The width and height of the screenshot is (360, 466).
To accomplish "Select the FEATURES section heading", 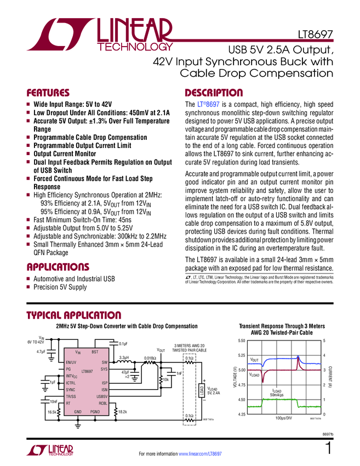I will pyautogui.click(x=48, y=93).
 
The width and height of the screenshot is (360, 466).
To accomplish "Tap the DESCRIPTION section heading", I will pyautogui.click(x=214, y=93).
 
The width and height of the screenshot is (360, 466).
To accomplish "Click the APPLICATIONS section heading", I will pyautogui.click(x=58, y=268).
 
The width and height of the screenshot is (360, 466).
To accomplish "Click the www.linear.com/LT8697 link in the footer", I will pyautogui.click(x=199, y=454).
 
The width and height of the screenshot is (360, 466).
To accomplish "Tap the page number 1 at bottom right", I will pyautogui.click(x=328, y=449).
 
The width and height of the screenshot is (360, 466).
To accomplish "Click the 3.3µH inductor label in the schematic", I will pyautogui.click(x=125, y=357).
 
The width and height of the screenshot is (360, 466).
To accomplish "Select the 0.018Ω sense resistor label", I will pyautogui.click(x=150, y=357).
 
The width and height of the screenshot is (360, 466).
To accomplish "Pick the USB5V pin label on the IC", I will pyautogui.click(x=101, y=396).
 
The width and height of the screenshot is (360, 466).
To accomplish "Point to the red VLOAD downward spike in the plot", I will pyautogui.click(x=265, y=378).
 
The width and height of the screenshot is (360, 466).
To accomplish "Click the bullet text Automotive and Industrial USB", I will pyautogui.click(x=74, y=279).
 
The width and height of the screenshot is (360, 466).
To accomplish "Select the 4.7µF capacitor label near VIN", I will pyautogui.click(x=42, y=351).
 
